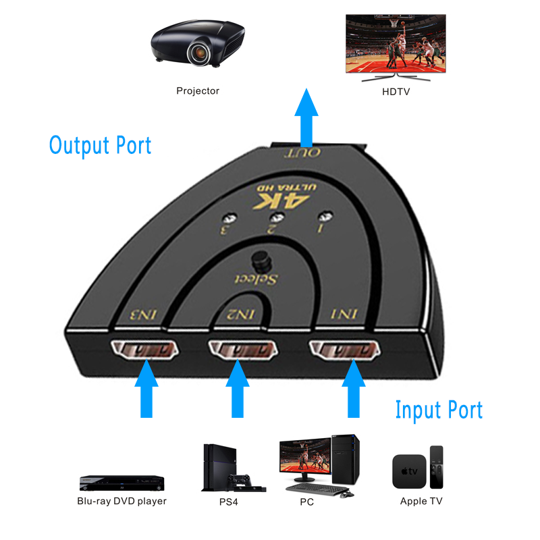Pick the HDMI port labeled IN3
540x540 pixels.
pos(143,350)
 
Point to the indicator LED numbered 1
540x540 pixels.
pos(327,218)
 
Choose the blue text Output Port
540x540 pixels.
pos(100,145)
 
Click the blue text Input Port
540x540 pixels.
pos(439,410)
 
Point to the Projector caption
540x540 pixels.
pos(198,90)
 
